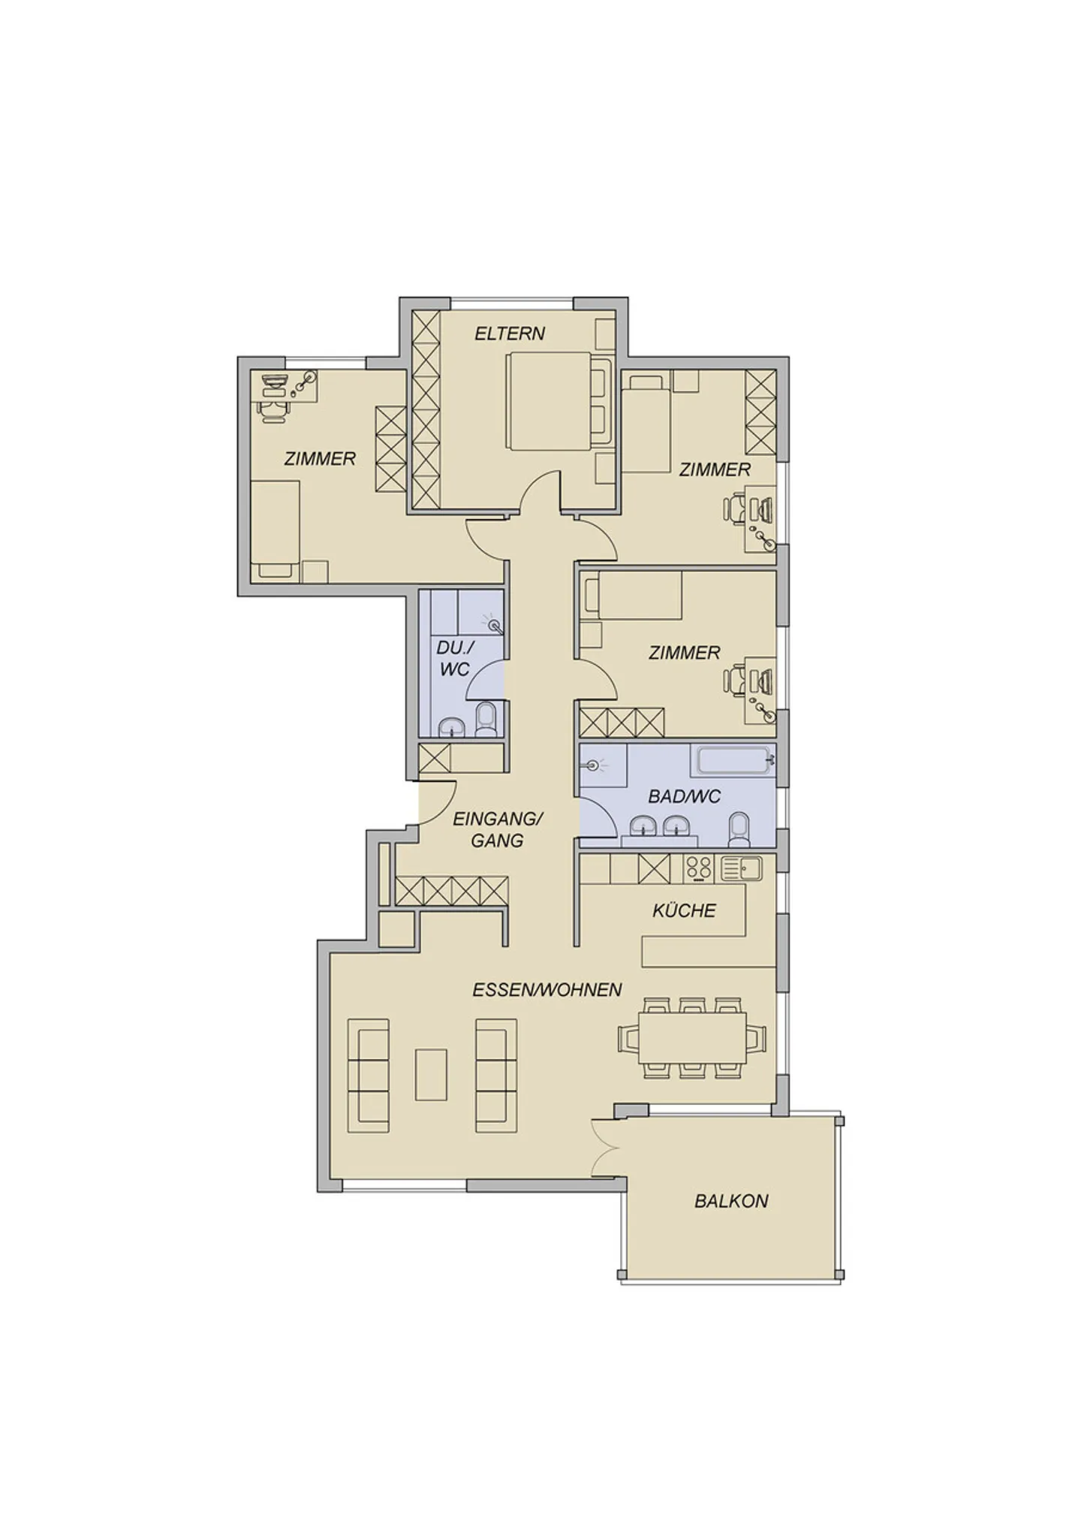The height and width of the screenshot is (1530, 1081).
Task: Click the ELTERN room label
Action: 509,333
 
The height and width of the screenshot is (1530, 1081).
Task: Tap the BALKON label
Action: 730,1200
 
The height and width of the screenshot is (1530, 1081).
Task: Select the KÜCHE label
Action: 683,910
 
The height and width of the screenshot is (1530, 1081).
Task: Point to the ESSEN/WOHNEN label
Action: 547,989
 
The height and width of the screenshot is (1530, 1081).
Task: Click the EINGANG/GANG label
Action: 497,829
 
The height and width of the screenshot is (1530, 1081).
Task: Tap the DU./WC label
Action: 453,658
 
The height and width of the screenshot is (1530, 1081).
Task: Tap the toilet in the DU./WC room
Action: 486,720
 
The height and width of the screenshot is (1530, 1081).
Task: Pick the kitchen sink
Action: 740,868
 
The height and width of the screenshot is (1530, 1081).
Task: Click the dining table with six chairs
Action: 691,1037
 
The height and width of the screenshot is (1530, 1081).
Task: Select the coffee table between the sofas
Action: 431,1074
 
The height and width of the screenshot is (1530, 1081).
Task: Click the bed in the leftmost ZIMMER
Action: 276,530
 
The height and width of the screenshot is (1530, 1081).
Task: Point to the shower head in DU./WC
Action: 493,624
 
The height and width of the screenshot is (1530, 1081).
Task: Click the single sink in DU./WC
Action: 451,726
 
